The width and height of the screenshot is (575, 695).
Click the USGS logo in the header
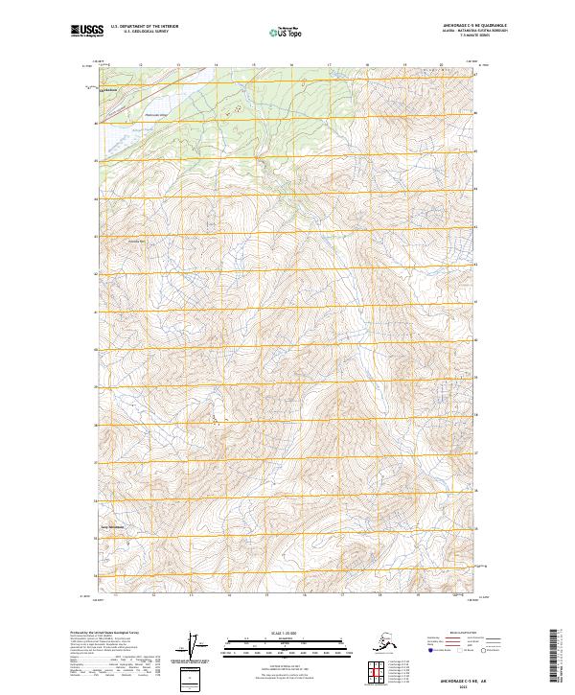pos(83,33)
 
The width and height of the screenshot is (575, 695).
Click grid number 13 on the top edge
pos(179,65)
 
